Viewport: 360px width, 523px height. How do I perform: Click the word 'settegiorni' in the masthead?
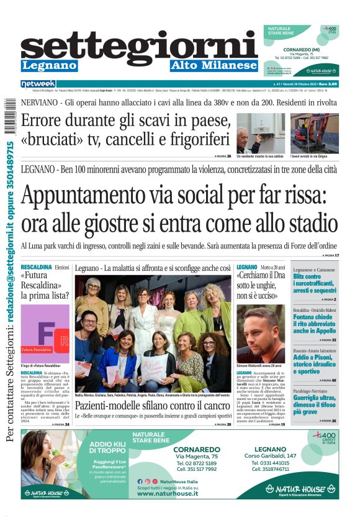[139, 45]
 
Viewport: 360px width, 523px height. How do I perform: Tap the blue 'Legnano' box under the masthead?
[50, 65]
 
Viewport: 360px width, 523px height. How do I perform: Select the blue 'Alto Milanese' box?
[214, 65]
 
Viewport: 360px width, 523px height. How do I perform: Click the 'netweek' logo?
[38, 84]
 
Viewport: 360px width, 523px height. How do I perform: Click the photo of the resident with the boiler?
[261, 133]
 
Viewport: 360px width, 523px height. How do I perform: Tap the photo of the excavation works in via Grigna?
[315, 133]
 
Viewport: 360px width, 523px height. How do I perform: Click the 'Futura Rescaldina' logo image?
[45, 334]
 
